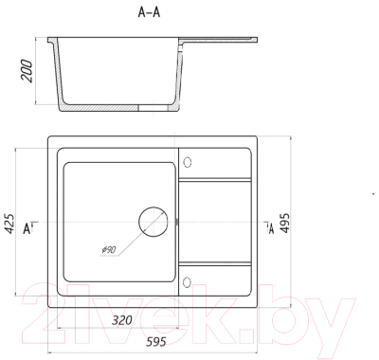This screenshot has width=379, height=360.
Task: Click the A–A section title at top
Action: (149, 12)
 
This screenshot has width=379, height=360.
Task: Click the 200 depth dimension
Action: (27, 71)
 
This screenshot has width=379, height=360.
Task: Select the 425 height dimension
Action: (9, 224)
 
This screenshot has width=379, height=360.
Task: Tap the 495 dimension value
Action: (285, 223)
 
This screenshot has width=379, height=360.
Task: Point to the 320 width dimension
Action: (122, 320)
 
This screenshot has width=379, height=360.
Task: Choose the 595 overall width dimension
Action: (155, 341)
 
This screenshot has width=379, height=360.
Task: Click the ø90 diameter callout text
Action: (109, 250)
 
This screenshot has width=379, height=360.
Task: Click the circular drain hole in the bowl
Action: (153, 222)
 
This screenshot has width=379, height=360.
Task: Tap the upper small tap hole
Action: (188, 162)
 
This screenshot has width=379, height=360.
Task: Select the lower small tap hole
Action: (187, 282)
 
